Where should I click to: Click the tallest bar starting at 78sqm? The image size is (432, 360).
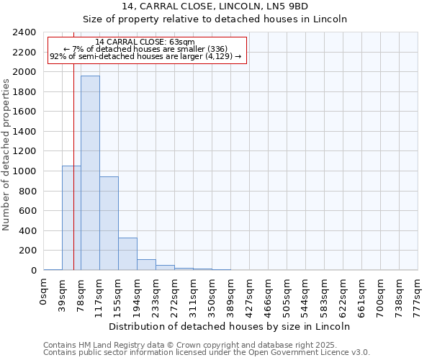[90, 173]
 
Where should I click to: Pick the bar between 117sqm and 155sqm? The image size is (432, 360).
[109, 223]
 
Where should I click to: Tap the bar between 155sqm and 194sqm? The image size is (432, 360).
[127, 253]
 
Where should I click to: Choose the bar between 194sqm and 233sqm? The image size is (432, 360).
[146, 264]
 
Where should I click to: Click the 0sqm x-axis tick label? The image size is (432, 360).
[44, 292]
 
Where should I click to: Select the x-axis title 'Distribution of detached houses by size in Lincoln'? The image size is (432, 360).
[230, 326]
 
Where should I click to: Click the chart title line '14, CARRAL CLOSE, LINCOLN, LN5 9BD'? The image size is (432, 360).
[215, 6]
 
